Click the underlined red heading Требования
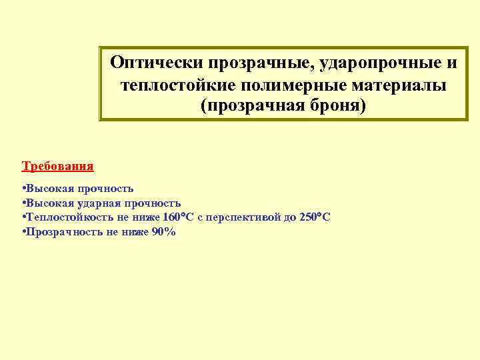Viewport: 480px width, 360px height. pos(58,165)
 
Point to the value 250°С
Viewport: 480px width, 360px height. pos(315,217)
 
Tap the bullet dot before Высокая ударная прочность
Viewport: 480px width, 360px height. pos(23,203)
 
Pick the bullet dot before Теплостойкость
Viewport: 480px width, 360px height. pos(23,217)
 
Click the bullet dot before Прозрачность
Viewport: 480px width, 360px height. pos(23,232)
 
